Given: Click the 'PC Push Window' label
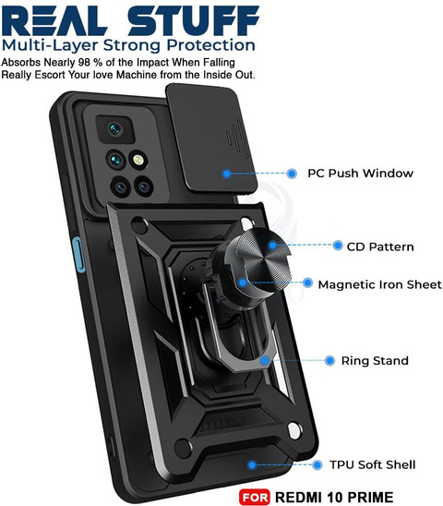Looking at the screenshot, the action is [x=360, y=174].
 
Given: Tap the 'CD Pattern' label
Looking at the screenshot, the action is [x=380, y=247].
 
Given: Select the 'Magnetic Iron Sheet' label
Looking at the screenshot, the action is [x=379, y=284].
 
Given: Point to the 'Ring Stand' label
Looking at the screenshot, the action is [x=375, y=360].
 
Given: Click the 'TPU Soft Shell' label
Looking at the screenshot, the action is [x=372, y=464].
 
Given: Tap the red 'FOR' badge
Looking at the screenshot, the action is [x=255, y=497].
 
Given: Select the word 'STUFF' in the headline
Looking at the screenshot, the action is [x=193, y=20].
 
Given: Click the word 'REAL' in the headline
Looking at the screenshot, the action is [x=54, y=20].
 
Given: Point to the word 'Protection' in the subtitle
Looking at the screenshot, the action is [x=211, y=46].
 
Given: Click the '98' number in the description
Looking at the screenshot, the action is [x=85, y=62].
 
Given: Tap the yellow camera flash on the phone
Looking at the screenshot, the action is [x=138, y=160].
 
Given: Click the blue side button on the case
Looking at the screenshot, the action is [x=78, y=255].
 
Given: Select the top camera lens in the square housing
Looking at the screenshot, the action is [x=114, y=129].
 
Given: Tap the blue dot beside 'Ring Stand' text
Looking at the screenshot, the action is [x=329, y=360].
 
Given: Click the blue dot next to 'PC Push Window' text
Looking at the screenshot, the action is [x=292, y=174].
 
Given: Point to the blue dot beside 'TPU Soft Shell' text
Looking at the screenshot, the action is [x=317, y=465].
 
